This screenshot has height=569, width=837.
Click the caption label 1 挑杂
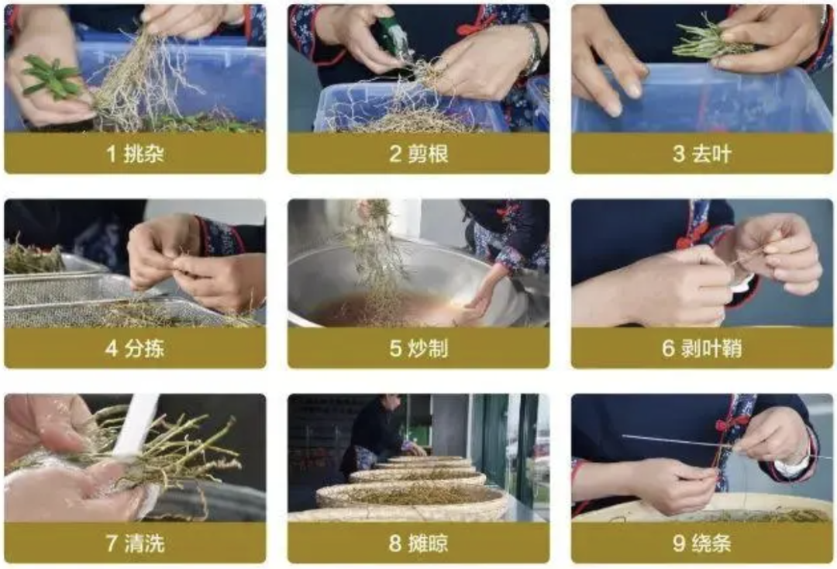[135, 153]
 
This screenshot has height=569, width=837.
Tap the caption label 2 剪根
[418, 153]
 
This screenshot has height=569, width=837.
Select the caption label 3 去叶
[702, 153]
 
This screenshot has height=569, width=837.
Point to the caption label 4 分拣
[135, 349]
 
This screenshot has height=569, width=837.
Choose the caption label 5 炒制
[418, 349]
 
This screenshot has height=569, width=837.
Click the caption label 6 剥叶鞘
[702, 349]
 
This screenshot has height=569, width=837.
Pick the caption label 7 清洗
[135, 543]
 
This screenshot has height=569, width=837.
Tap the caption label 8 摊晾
[418, 543]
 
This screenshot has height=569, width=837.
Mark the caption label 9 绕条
[702, 543]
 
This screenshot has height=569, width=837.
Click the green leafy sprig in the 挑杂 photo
[51, 77]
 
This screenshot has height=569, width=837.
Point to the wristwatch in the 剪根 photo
[533, 48]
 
